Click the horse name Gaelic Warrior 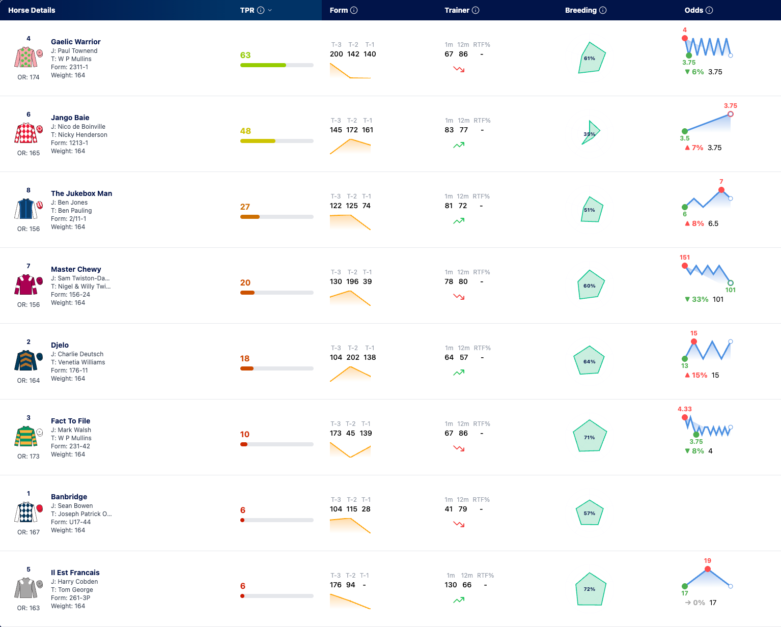click(x=75, y=42)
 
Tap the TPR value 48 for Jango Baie click(x=245, y=131)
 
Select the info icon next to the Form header click(x=354, y=10)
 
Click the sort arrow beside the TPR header click(x=270, y=10)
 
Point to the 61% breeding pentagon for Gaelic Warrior click(x=591, y=58)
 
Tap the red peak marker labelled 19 click(x=707, y=569)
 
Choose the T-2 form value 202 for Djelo click(x=353, y=357)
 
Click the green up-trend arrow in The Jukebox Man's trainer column click(x=459, y=221)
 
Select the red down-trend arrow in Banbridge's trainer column click(x=459, y=524)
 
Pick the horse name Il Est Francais click(x=75, y=573)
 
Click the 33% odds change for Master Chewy click(x=696, y=299)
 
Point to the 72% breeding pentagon click(x=591, y=589)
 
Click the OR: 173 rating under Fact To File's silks click(x=29, y=456)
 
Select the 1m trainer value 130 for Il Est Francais click(x=451, y=585)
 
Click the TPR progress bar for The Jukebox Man click(x=276, y=217)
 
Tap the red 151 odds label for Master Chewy click(x=684, y=257)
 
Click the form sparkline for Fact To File click(x=350, y=449)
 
